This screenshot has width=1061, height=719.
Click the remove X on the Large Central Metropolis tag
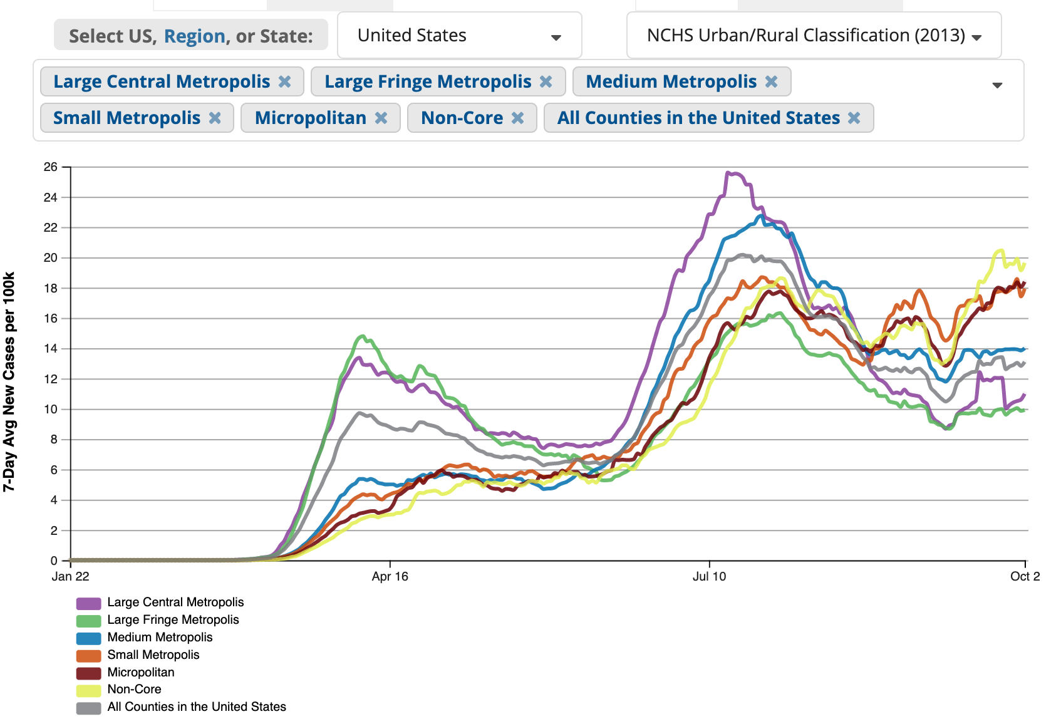[x=284, y=81]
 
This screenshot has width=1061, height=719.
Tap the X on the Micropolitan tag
[x=381, y=118]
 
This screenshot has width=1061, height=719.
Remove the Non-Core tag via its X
[x=517, y=118]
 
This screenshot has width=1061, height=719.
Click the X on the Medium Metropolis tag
[x=771, y=81]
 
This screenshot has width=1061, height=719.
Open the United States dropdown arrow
[x=556, y=37]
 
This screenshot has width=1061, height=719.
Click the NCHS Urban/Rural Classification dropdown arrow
[x=976, y=37]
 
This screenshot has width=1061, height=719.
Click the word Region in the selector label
[x=194, y=36]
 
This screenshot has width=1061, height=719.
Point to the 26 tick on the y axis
[x=50, y=167]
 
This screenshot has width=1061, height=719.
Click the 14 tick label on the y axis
[x=50, y=348]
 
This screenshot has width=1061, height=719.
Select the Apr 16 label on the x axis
[x=390, y=576]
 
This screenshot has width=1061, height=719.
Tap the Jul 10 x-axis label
[x=709, y=576]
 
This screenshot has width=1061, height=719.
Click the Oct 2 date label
[x=1025, y=576]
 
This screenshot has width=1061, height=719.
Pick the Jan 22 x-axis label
[x=70, y=576]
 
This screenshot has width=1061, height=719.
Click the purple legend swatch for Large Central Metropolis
[x=88, y=603]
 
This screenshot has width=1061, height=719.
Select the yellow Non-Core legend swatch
[x=88, y=690]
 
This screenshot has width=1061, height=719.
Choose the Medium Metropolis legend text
[x=160, y=637]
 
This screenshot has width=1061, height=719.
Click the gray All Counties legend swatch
[x=88, y=708]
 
